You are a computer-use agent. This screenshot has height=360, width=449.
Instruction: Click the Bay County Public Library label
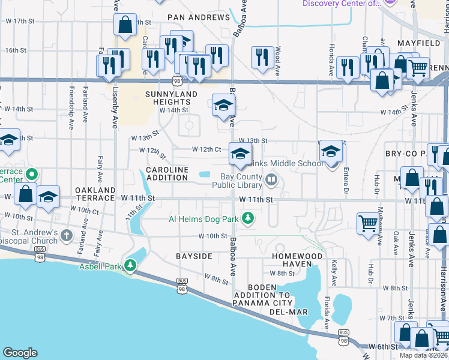[x=237, y=181]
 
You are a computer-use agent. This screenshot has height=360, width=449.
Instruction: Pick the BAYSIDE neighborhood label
[x=194, y=256]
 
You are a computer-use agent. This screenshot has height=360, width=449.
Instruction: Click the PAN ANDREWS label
[x=199, y=17]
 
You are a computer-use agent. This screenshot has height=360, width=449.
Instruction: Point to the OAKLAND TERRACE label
[x=95, y=194]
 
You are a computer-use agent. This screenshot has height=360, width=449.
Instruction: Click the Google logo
[x=20, y=353]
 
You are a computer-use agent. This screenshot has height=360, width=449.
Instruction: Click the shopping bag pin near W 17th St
[x=125, y=25]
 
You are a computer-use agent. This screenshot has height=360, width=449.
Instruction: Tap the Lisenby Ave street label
[x=115, y=112]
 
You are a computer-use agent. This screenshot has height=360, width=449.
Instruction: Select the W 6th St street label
[x=384, y=347]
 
